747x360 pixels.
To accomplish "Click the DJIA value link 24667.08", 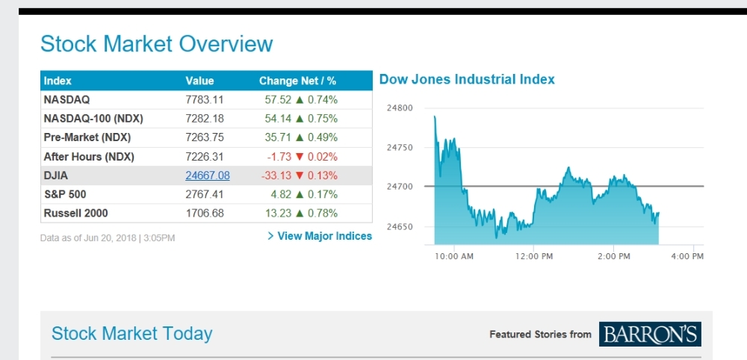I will pyautogui.click(x=208, y=176).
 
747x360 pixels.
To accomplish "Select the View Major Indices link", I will pyautogui.click(x=320, y=236).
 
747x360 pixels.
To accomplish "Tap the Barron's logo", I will pyautogui.click(x=650, y=334).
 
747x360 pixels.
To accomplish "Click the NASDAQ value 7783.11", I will pyautogui.click(x=205, y=99).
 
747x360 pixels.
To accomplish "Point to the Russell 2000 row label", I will pyautogui.click(x=75, y=213).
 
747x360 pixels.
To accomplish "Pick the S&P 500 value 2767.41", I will pyautogui.click(x=205, y=194).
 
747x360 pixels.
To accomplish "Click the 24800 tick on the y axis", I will pyautogui.click(x=400, y=108).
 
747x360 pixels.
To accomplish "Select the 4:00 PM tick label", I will pyautogui.click(x=687, y=256).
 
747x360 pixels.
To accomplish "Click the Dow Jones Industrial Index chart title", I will pyautogui.click(x=467, y=79).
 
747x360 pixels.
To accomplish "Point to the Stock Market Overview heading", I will pyautogui.click(x=156, y=44).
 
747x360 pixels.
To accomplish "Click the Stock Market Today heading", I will pyautogui.click(x=131, y=334).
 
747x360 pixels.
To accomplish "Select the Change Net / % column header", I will pyautogui.click(x=297, y=81).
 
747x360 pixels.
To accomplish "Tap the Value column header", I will pyautogui.click(x=199, y=81).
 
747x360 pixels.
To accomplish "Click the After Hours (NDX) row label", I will pyautogui.click(x=88, y=157).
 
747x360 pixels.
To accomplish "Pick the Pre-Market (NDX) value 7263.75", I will pyautogui.click(x=205, y=137).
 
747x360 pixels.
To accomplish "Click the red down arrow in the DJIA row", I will pyautogui.click(x=300, y=176).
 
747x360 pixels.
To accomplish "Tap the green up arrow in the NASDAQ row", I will pyautogui.click(x=300, y=99).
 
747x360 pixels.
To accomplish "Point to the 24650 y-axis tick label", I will pyautogui.click(x=400, y=226).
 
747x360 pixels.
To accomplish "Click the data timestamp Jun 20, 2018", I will pyautogui.click(x=108, y=238).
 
